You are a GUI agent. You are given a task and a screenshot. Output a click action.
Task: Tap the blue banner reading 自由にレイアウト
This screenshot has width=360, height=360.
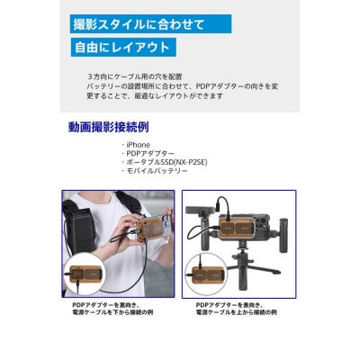click(123, 47)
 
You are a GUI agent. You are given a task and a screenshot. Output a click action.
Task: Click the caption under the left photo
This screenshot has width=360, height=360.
click(112, 309)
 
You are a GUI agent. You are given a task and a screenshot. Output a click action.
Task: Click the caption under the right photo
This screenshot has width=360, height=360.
click(236, 309)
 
